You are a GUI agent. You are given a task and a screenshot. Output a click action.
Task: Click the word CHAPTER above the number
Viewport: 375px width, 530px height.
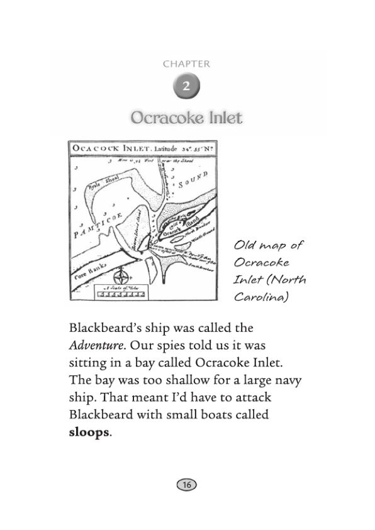tap(186, 64)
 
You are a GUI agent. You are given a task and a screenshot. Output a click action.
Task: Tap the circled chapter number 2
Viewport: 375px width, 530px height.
tap(186, 86)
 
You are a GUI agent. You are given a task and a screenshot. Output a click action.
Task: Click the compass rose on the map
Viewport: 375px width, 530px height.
tap(121, 276)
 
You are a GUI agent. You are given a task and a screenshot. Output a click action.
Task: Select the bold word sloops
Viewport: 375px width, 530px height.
tap(89, 433)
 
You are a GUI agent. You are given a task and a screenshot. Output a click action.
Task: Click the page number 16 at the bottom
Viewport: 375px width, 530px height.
tap(187, 484)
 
